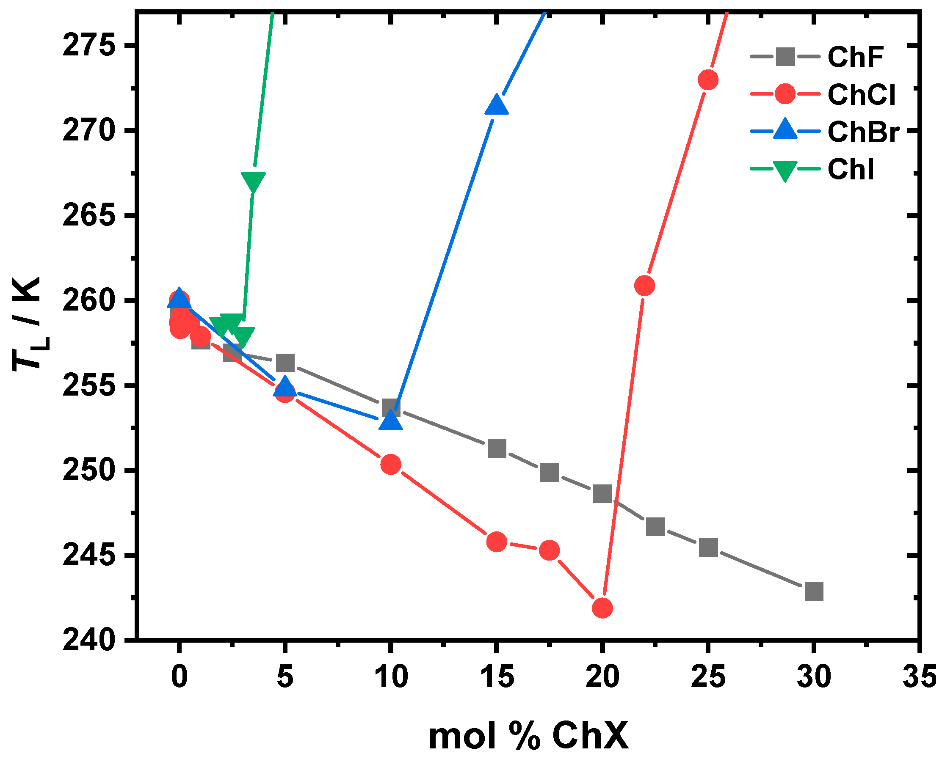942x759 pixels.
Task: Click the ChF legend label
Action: (855, 57)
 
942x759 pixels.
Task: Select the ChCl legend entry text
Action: (861, 94)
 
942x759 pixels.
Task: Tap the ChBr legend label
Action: (863, 132)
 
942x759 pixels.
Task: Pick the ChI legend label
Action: (850, 169)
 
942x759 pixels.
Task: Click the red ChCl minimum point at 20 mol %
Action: (602, 608)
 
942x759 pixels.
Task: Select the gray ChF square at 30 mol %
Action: (814, 591)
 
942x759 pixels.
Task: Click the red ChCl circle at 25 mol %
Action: (708, 80)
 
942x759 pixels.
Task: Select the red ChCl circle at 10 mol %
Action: (391, 464)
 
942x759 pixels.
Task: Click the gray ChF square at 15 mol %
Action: (497, 448)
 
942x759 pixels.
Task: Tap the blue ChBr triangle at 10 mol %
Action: (391, 421)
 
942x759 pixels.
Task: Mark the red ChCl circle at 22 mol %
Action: (644, 286)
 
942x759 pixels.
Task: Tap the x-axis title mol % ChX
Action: (528, 736)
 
